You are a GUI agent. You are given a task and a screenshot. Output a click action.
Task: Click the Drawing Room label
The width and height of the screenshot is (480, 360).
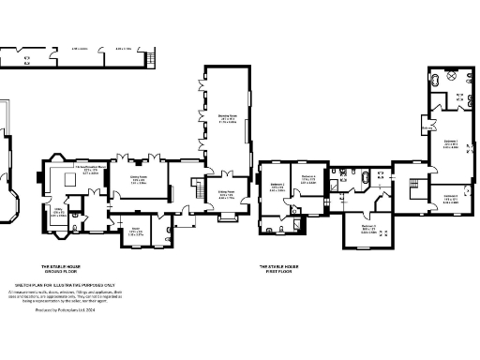227,119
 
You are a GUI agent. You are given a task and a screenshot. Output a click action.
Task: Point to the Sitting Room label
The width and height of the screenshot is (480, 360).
226,196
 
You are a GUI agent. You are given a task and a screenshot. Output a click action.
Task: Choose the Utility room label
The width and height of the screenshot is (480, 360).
57,212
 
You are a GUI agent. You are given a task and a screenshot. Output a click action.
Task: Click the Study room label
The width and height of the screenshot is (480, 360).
135,232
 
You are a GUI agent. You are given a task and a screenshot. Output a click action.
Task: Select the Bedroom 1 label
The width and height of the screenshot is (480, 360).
450,144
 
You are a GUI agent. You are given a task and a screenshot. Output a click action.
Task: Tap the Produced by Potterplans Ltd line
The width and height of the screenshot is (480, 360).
65,308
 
